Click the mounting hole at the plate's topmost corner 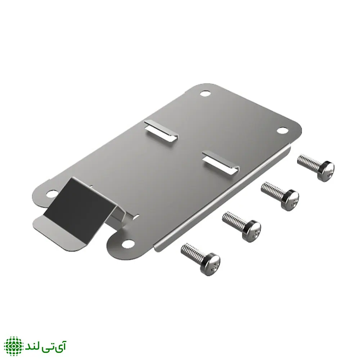pos(205,94)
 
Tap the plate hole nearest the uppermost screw pos(282,130)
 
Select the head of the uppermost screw pos(326,170)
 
